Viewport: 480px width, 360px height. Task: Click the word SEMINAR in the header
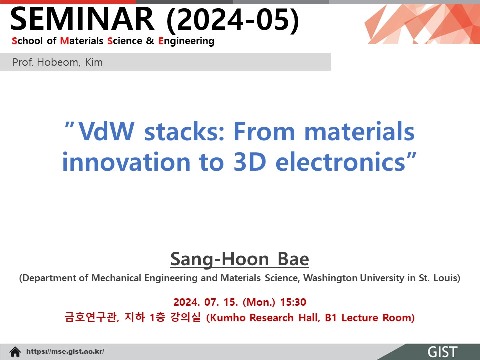82,19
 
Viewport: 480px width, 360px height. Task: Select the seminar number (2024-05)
233,20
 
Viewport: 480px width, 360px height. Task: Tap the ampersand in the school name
150,41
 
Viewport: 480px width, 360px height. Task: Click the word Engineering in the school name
186,41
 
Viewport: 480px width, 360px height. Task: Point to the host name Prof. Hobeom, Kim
57,62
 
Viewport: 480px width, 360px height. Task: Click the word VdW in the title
106,131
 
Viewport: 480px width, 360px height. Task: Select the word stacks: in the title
185,131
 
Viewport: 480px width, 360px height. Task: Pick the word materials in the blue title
359,131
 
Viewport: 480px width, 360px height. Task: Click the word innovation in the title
126,161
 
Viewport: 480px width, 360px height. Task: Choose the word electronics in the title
340,161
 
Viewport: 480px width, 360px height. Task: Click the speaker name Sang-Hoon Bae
240,259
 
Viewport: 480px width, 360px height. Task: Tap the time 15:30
293,302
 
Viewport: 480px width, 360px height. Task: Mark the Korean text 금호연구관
91,317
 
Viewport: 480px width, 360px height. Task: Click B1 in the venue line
331,318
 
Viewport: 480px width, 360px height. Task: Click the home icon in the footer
15,352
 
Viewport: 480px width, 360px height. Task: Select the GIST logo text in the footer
442,352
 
